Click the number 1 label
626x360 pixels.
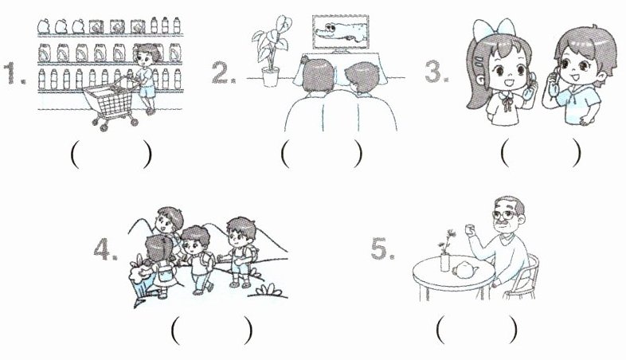14,73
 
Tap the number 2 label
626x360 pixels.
224,73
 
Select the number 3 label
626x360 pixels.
436,72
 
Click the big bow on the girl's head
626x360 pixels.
494,29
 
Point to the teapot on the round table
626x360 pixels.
465,270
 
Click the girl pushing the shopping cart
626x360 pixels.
146,79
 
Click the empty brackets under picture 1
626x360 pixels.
111,154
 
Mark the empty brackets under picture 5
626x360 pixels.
477,330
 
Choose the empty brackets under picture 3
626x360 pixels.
541,152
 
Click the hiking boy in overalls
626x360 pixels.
240,252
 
